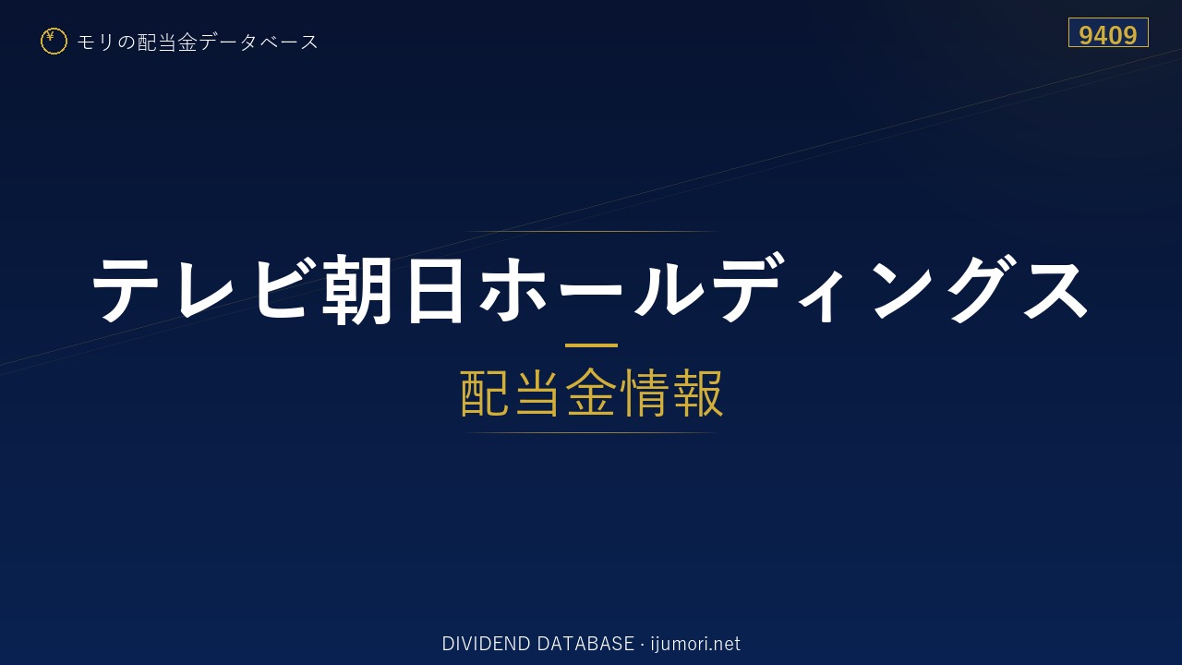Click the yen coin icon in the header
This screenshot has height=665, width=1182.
click(x=54, y=42)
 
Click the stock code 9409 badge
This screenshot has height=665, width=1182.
click(x=1108, y=32)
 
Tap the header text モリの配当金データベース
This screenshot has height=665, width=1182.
click(x=198, y=42)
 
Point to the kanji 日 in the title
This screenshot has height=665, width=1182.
click(x=435, y=290)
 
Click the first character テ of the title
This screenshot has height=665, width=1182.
click(x=126, y=290)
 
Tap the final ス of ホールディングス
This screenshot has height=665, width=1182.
click(x=1055, y=290)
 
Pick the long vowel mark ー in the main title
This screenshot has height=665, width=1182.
click(x=591, y=290)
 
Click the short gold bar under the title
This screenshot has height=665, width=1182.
click(x=591, y=345)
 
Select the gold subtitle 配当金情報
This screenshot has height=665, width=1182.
click(x=592, y=393)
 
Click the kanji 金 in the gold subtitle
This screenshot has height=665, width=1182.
click(x=591, y=393)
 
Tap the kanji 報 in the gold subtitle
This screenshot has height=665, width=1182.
click(x=697, y=393)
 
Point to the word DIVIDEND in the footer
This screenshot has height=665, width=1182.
click(x=486, y=644)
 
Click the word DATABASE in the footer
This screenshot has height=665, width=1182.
click(x=585, y=644)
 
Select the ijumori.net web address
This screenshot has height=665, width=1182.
click(x=695, y=644)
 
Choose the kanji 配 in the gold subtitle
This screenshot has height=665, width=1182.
click(x=485, y=393)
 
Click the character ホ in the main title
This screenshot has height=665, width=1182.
click(x=513, y=290)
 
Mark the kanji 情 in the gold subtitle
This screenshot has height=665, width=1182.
click(x=645, y=393)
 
